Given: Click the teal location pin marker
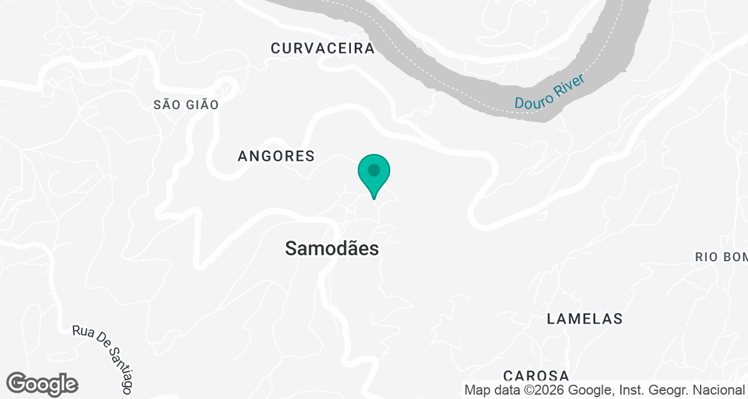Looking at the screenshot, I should click(374, 175).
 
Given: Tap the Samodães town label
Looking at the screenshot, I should click(332, 248).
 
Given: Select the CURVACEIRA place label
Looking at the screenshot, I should click(323, 49).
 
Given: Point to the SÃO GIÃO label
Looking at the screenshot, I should click(186, 105).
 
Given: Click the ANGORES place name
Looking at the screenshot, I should click(276, 156).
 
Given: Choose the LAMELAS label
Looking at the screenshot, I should click(584, 319).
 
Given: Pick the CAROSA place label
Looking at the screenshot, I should click(536, 375).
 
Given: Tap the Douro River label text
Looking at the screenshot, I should click(549, 92).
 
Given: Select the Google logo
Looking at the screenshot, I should click(42, 384).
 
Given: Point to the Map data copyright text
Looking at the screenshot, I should click(605, 390).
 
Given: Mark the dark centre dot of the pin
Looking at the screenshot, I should click(374, 170).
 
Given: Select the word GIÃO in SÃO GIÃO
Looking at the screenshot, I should click(201, 105).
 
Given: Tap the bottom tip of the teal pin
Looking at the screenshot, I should click(374, 198).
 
